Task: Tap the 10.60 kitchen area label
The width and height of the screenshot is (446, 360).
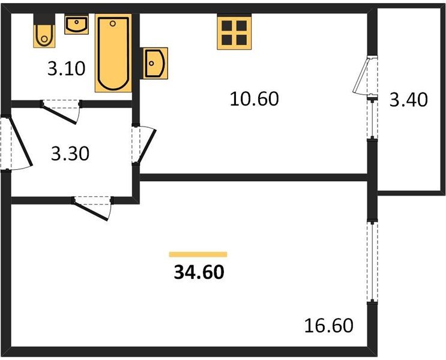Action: pyautogui.click(x=255, y=98)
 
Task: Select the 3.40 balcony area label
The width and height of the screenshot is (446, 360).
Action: pyautogui.click(x=408, y=98)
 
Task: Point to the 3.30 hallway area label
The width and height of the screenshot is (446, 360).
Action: pyautogui.click(x=70, y=154)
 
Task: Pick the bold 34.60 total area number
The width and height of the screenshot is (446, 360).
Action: pyautogui.click(x=199, y=273)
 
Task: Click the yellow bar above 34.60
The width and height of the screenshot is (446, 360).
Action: pyautogui.click(x=198, y=254)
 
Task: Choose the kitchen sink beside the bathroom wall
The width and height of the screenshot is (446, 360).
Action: pyautogui.click(x=155, y=62)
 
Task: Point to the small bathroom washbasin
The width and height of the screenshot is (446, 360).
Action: pyautogui.click(x=76, y=25)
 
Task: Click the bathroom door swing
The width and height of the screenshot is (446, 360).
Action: pyautogui.click(x=62, y=112)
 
